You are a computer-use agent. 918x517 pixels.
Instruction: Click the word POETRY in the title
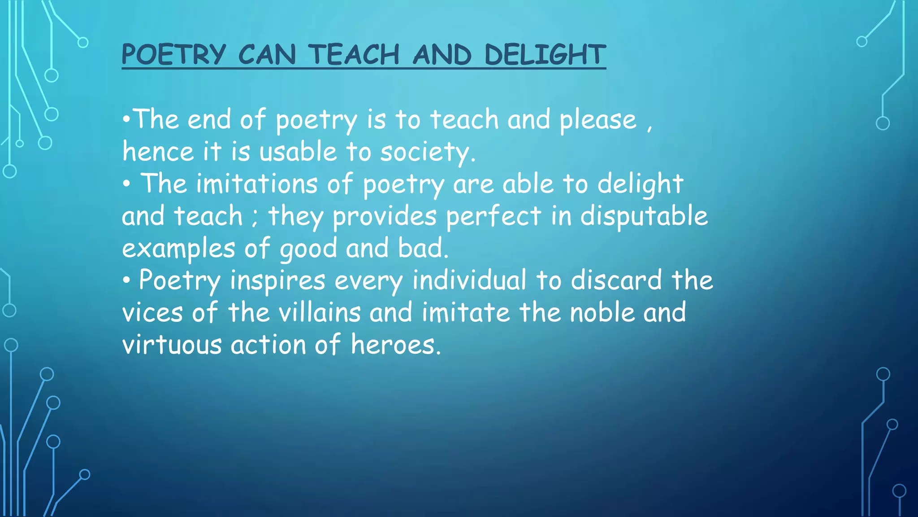[173, 55]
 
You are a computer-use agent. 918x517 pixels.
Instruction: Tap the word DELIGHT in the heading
[545, 55]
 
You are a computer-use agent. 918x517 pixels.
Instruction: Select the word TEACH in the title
[354, 55]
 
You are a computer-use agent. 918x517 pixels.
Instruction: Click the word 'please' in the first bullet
[598, 120]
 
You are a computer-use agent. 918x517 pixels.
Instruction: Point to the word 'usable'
[298, 152]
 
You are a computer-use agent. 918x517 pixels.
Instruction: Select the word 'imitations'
[257, 184]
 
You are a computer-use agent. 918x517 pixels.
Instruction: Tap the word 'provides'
[385, 217]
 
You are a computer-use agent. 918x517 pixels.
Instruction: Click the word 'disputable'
[644, 217]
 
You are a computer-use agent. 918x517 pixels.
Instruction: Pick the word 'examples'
[178, 249]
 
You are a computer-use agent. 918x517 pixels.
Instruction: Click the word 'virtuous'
[172, 345]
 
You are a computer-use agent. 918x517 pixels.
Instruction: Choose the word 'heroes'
[393, 345]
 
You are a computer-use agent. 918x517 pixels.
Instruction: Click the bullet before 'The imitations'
[127, 184]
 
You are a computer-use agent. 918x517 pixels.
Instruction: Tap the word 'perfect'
[494, 217]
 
